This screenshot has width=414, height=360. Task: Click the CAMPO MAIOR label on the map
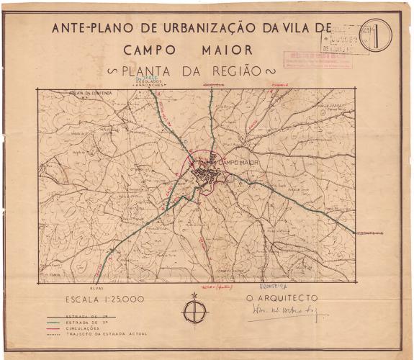(x=237, y=163)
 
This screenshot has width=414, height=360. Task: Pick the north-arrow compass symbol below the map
(x=194, y=311)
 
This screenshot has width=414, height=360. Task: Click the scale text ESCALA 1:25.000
(x=105, y=300)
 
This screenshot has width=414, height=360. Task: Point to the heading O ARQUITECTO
(x=282, y=297)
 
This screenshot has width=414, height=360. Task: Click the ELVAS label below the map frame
(x=77, y=287)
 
